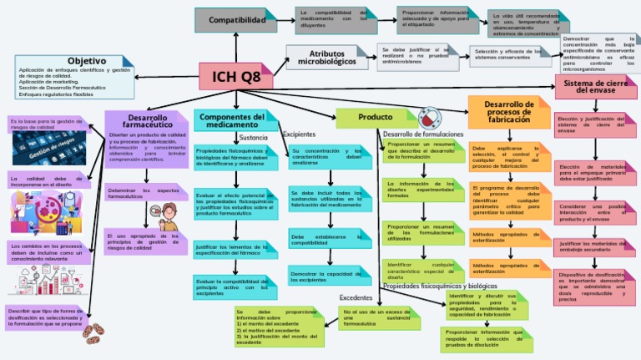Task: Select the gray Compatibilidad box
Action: point(236,19)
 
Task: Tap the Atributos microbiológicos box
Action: point(326,57)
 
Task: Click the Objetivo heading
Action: point(86,61)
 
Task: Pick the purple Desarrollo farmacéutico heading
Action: point(147,122)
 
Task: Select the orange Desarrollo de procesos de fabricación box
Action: point(509,112)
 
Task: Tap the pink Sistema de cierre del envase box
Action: point(596,87)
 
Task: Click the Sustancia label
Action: point(253,138)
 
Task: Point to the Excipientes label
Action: point(299,134)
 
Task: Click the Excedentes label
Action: point(356,297)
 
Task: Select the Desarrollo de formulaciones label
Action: point(422,134)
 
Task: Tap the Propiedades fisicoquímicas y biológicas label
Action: point(434,286)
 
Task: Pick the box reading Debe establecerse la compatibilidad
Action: point(330,240)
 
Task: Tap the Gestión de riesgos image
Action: point(45,150)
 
